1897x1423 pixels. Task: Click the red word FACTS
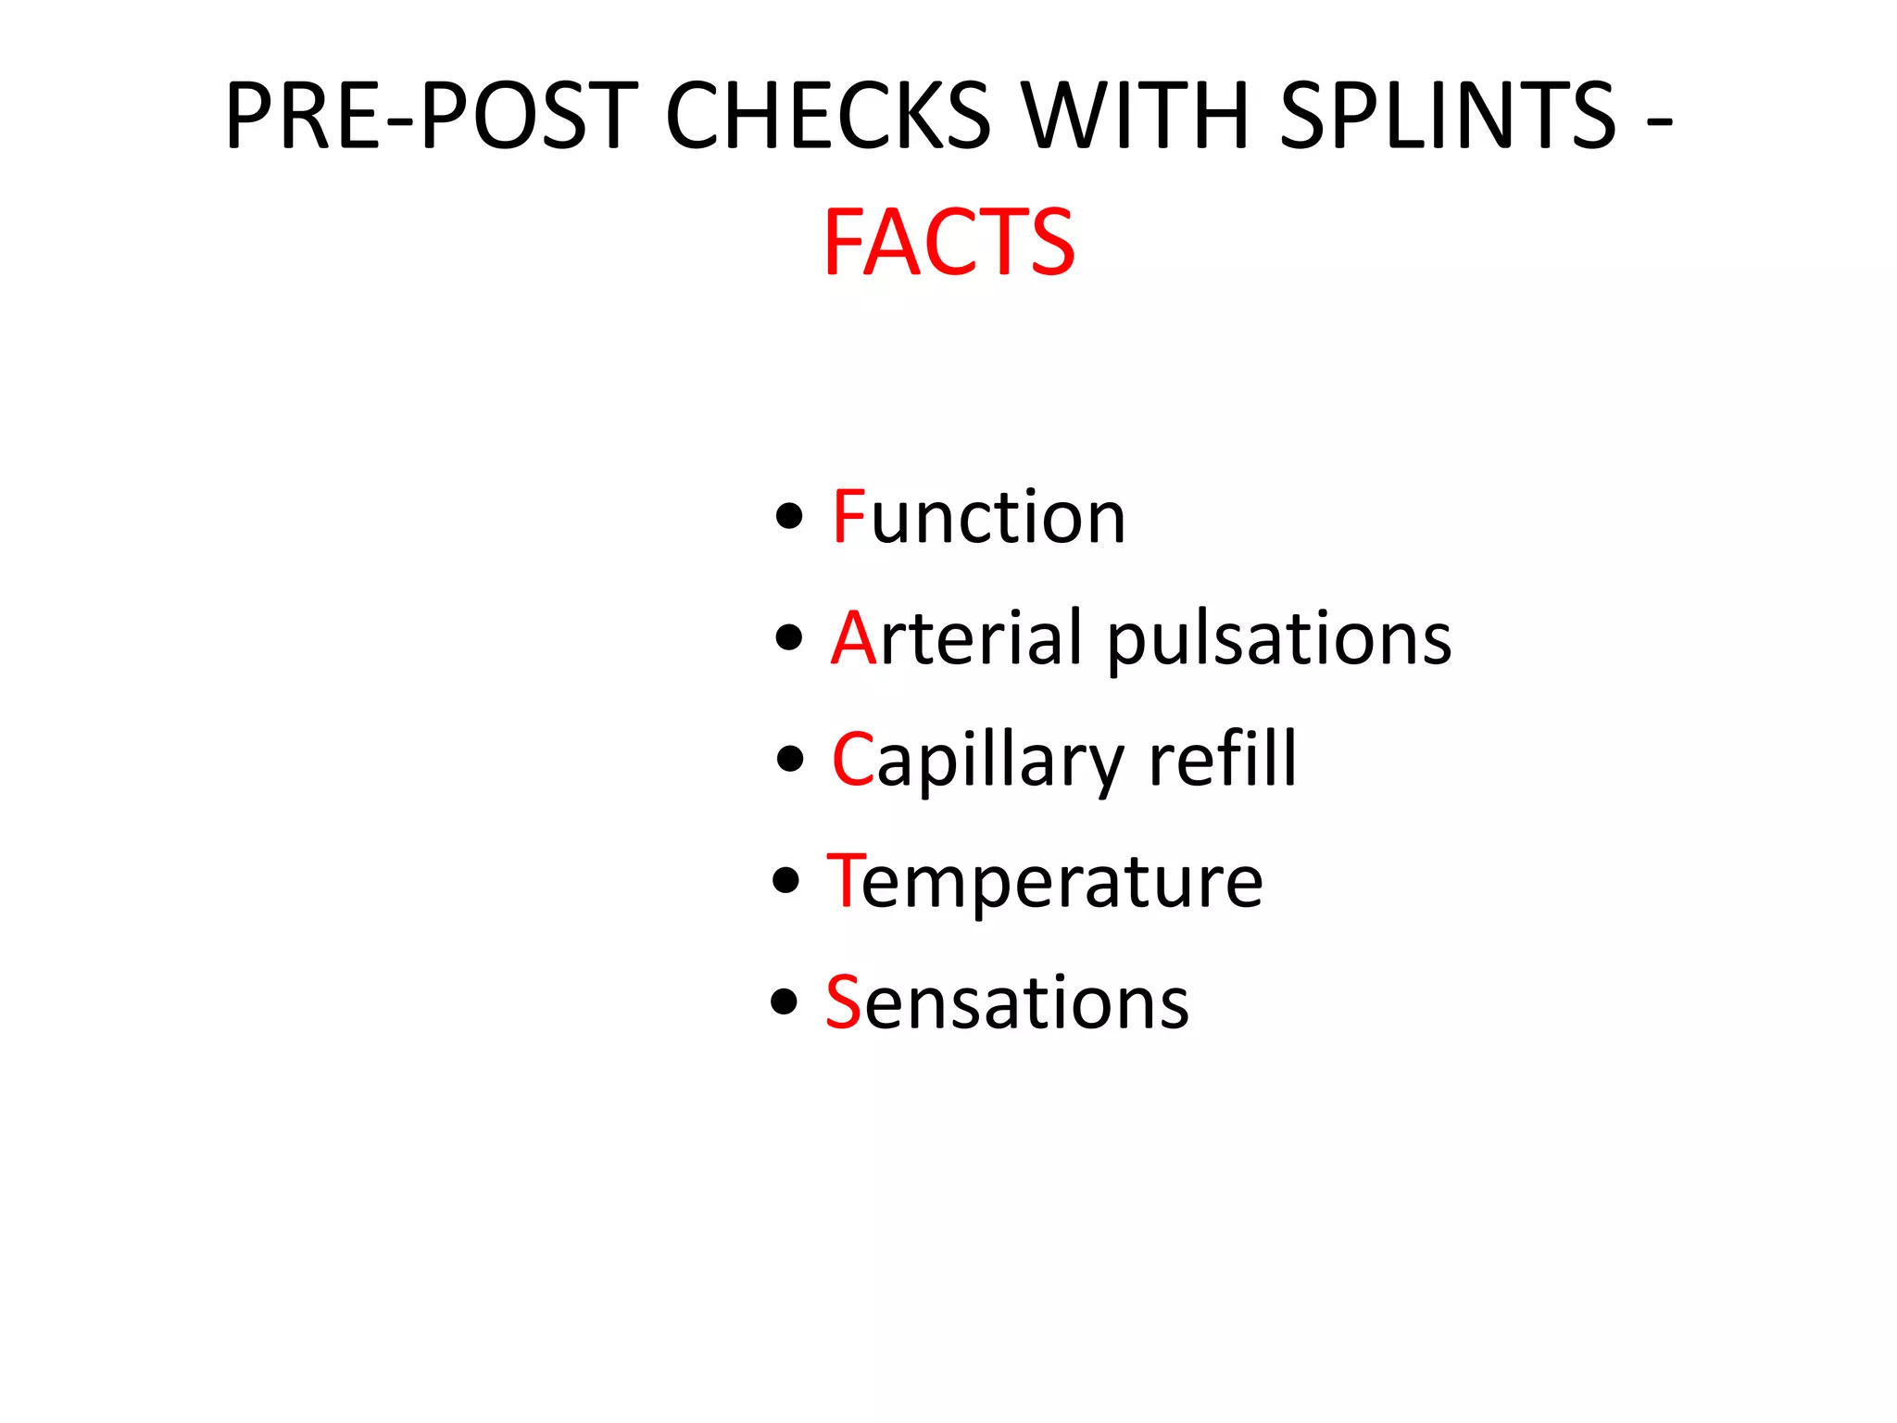[948, 243]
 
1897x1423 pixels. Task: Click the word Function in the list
[978, 517]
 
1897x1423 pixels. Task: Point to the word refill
[1223, 760]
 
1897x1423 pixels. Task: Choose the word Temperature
[1044, 881]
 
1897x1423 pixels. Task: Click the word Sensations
[1007, 1002]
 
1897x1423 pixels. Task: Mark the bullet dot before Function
[789, 517]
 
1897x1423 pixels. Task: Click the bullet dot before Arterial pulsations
[789, 638]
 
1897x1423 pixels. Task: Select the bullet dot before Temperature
[785, 881]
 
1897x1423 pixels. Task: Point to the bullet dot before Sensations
[785, 1002]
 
